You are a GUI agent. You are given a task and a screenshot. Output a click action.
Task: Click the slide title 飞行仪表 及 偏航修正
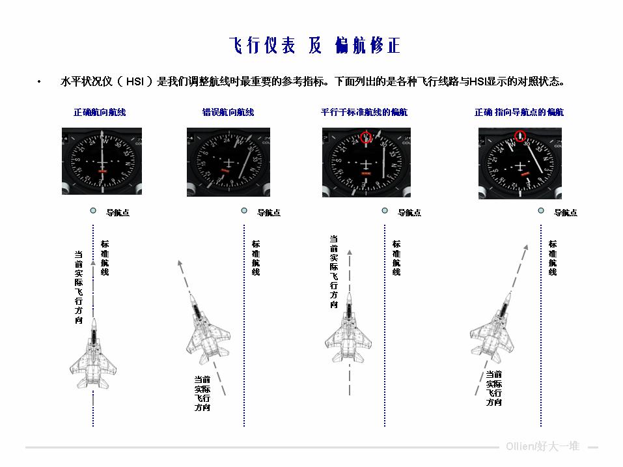(x=314, y=46)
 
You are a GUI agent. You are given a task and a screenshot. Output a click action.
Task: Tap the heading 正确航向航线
(x=100, y=112)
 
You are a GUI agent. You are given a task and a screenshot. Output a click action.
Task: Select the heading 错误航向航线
(x=228, y=112)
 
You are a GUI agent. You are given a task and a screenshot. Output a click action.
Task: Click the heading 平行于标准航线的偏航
(x=364, y=112)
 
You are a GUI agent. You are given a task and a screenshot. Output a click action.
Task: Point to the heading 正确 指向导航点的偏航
(x=519, y=112)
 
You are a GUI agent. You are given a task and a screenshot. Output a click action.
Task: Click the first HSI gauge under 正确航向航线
(x=102, y=161)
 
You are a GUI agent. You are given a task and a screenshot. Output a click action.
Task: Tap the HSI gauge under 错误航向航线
(x=228, y=161)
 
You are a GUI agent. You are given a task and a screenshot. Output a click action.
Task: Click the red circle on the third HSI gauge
(x=366, y=137)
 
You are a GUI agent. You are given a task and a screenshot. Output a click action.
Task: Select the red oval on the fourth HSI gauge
(x=519, y=136)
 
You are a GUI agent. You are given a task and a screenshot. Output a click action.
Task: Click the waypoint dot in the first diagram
(x=93, y=211)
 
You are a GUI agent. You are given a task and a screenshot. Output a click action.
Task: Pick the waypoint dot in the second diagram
(x=244, y=211)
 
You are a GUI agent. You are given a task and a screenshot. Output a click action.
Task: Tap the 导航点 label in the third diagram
(x=409, y=212)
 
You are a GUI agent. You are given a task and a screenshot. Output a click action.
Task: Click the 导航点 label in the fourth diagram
(x=565, y=212)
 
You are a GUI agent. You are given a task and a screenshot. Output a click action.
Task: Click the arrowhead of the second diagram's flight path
(x=179, y=264)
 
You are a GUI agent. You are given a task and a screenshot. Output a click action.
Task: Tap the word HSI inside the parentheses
(x=135, y=82)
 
